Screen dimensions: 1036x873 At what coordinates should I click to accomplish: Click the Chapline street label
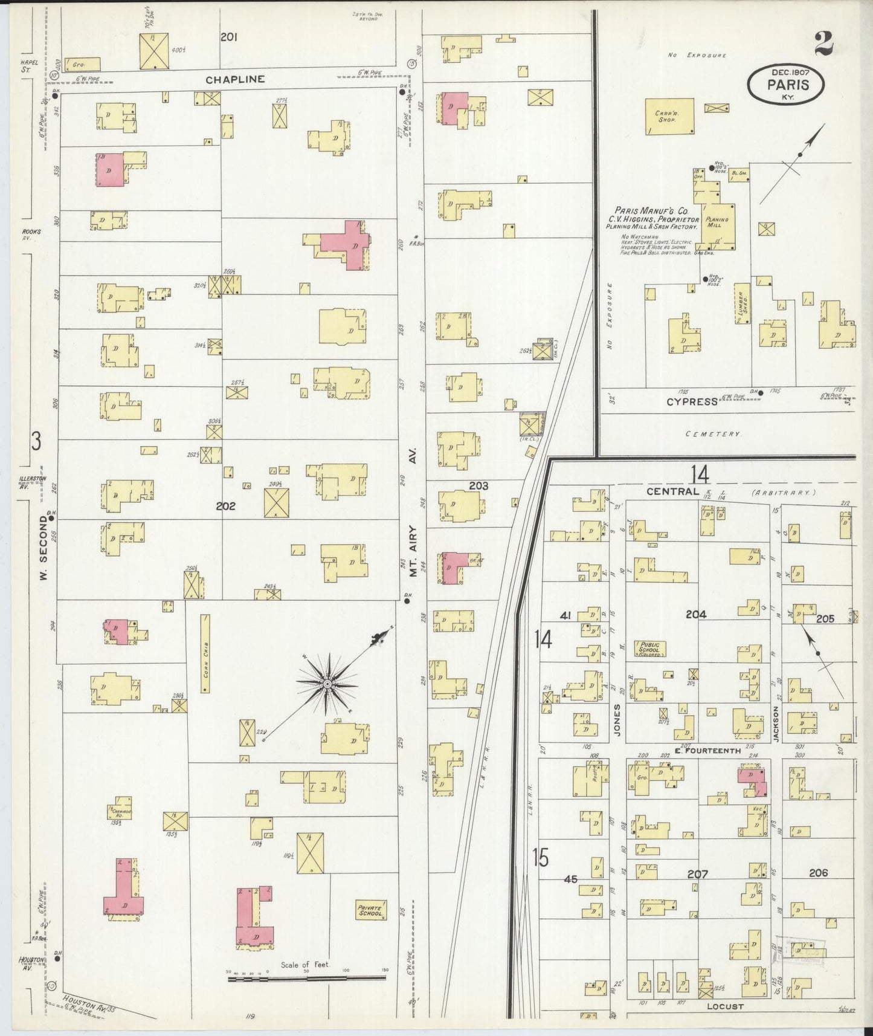tap(234, 79)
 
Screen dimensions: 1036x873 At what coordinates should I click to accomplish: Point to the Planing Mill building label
tap(717, 222)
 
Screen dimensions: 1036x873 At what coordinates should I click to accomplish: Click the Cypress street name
tap(692, 401)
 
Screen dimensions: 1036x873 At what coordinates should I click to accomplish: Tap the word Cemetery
tap(714, 434)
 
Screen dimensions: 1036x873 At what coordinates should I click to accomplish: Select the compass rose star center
tap(327, 684)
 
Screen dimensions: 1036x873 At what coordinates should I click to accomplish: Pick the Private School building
tap(370, 910)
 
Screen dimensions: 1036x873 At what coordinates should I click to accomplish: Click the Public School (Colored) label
tap(649, 649)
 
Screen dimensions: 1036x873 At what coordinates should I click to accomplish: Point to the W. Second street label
tap(44, 548)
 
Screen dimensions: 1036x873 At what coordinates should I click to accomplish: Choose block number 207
tap(697, 874)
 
